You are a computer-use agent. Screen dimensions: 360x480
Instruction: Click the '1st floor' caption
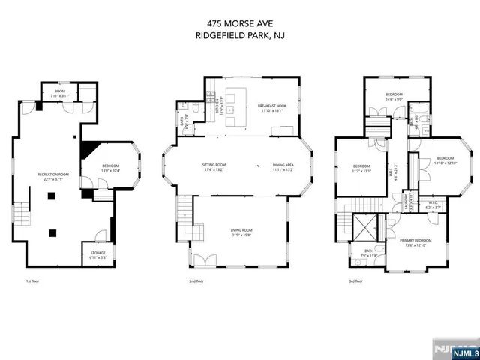point(32,281)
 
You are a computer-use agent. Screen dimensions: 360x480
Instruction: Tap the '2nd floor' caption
point(197,281)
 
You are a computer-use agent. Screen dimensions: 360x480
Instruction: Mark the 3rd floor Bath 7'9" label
point(369,253)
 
